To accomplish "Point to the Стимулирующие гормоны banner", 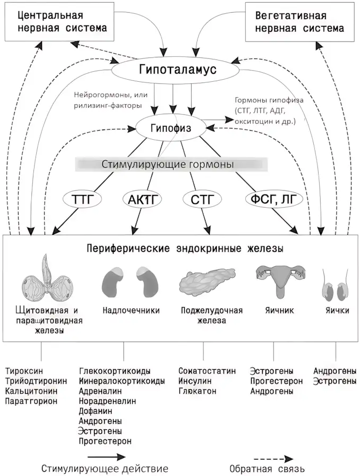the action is tap(172, 164).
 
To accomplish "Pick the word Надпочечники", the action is tap(131, 310).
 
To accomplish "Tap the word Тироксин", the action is tap(24, 371).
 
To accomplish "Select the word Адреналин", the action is tap(100, 391).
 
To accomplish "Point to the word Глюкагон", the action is tap(198, 390).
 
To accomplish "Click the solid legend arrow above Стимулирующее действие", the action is tap(107, 456).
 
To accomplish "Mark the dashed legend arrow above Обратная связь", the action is tap(273, 458).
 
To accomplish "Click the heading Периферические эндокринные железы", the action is tap(185, 249).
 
